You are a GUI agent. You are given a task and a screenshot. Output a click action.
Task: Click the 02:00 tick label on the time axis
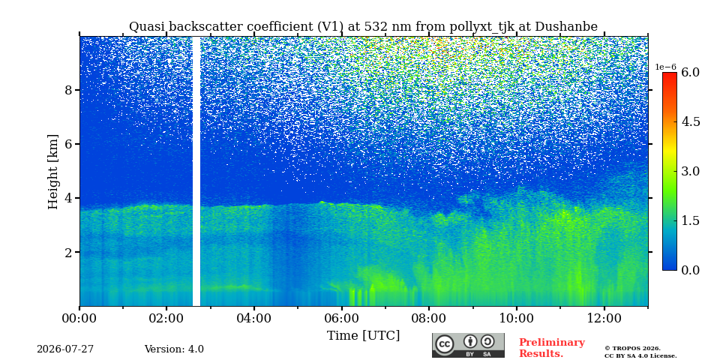[166, 319]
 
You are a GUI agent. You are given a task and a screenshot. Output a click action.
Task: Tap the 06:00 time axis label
[341, 319]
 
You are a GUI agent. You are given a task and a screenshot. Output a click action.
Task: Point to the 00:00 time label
[79, 319]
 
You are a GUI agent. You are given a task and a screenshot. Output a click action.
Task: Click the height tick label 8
[69, 90]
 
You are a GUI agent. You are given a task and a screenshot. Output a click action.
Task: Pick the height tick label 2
[69, 252]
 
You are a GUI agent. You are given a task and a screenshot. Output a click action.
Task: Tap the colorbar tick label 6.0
[690, 73]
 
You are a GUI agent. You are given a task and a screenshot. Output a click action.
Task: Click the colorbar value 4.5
[690, 121]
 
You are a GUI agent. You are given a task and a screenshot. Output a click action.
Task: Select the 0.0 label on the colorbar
[690, 270]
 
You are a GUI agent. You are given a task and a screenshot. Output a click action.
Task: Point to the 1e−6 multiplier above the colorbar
[666, 67]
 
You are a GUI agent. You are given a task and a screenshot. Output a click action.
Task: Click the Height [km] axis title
[53, 172]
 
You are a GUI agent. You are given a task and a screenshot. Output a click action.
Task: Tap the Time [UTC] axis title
[363, 336]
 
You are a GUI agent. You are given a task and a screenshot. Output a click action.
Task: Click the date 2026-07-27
[65, 349]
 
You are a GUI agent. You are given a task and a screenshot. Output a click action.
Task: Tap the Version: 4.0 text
[174, 349]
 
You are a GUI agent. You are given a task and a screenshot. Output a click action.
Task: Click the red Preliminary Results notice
[552, 348]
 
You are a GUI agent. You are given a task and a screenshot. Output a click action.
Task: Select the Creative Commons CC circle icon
[444, 345]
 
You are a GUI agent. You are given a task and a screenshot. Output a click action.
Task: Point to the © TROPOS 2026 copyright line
[632, 349]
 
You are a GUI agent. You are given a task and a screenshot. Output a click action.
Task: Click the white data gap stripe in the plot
[196, 171]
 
